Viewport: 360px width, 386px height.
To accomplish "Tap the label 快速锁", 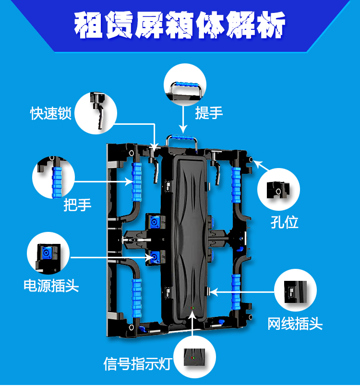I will click(x=51, y=114).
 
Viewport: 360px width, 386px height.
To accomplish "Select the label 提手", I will click(x=209, y=113).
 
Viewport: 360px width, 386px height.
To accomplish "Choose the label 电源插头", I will click(x=51, y=286).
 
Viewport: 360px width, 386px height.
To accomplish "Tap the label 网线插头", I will click(x=295, y=324).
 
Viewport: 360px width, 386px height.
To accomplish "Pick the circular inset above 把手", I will click(x=53, y=177).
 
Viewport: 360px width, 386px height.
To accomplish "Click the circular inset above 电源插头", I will click(x=48, y=253).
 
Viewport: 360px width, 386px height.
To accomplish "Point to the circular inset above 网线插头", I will click(x=295, y=292).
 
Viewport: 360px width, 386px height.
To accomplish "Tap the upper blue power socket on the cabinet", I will click(x=155, y=222).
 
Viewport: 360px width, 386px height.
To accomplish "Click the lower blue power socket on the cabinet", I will click(x=156, y=257).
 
